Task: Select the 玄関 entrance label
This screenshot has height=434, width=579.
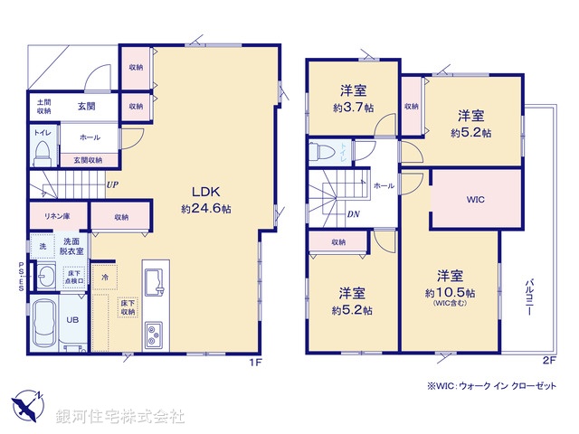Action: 87,107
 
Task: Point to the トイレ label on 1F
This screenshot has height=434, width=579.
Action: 43,133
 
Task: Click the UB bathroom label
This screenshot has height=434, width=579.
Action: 72,319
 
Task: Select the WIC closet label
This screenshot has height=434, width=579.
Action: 477,199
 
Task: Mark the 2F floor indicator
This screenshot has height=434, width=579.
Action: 548,360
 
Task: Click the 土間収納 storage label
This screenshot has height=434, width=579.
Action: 43,107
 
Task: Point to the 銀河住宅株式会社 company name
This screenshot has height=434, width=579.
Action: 120,417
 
